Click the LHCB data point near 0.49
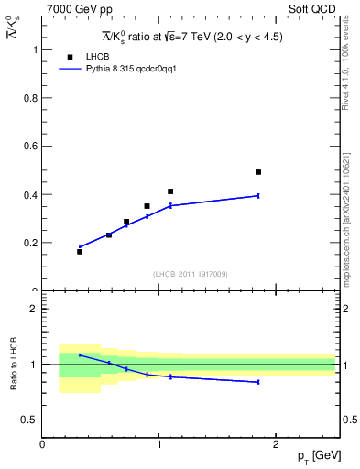258,172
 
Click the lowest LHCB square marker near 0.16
80,251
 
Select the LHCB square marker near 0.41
170,191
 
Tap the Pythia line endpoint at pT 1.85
258,195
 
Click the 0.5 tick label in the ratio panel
29,420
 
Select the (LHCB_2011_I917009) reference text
190,274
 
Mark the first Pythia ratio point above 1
80,354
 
